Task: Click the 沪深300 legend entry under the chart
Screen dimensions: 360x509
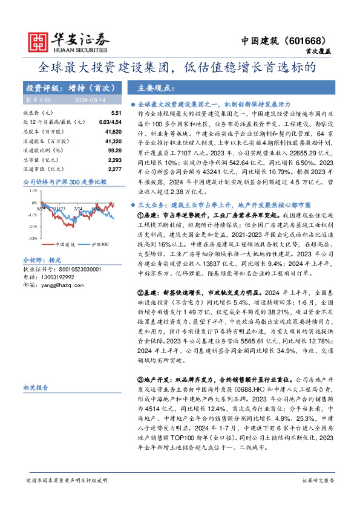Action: click(x=100, y=244)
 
